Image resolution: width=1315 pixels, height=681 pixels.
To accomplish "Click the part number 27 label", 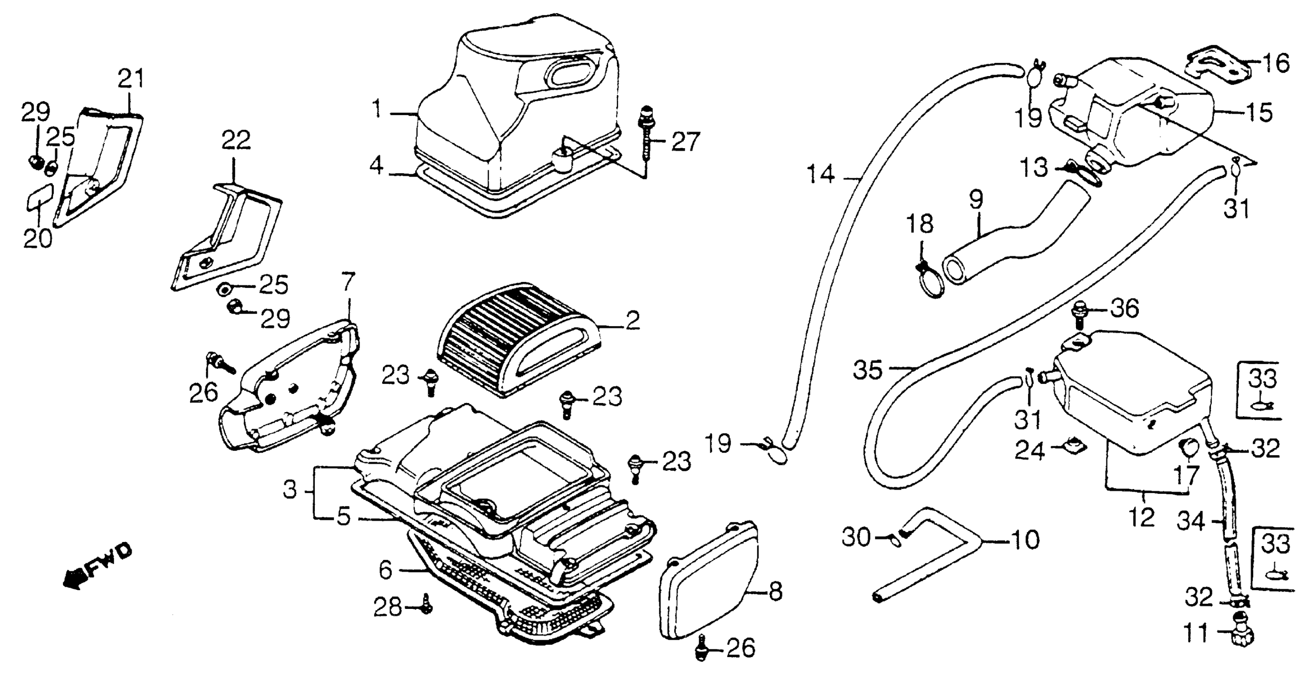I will click(x=685, y=141).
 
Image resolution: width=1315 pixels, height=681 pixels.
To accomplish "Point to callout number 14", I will click(x=820, y=175).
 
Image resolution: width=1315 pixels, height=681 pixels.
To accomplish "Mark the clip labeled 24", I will click(x=1074, y=447).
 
